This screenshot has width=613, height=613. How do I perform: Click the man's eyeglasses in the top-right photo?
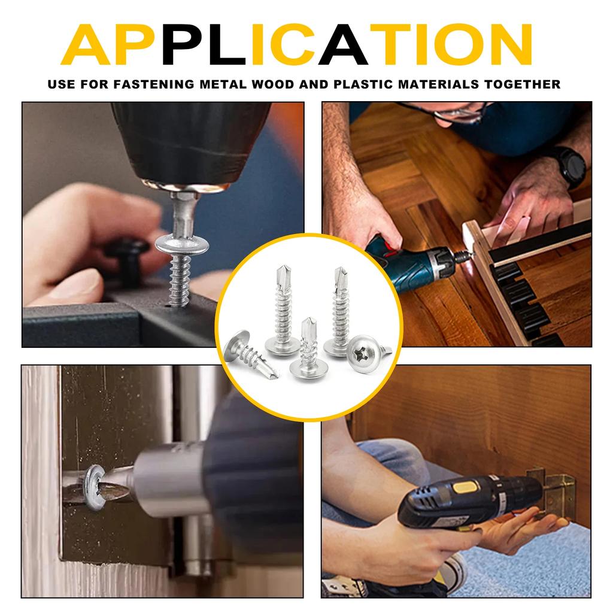(461, 113)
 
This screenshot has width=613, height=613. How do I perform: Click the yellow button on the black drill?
(465, 486)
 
